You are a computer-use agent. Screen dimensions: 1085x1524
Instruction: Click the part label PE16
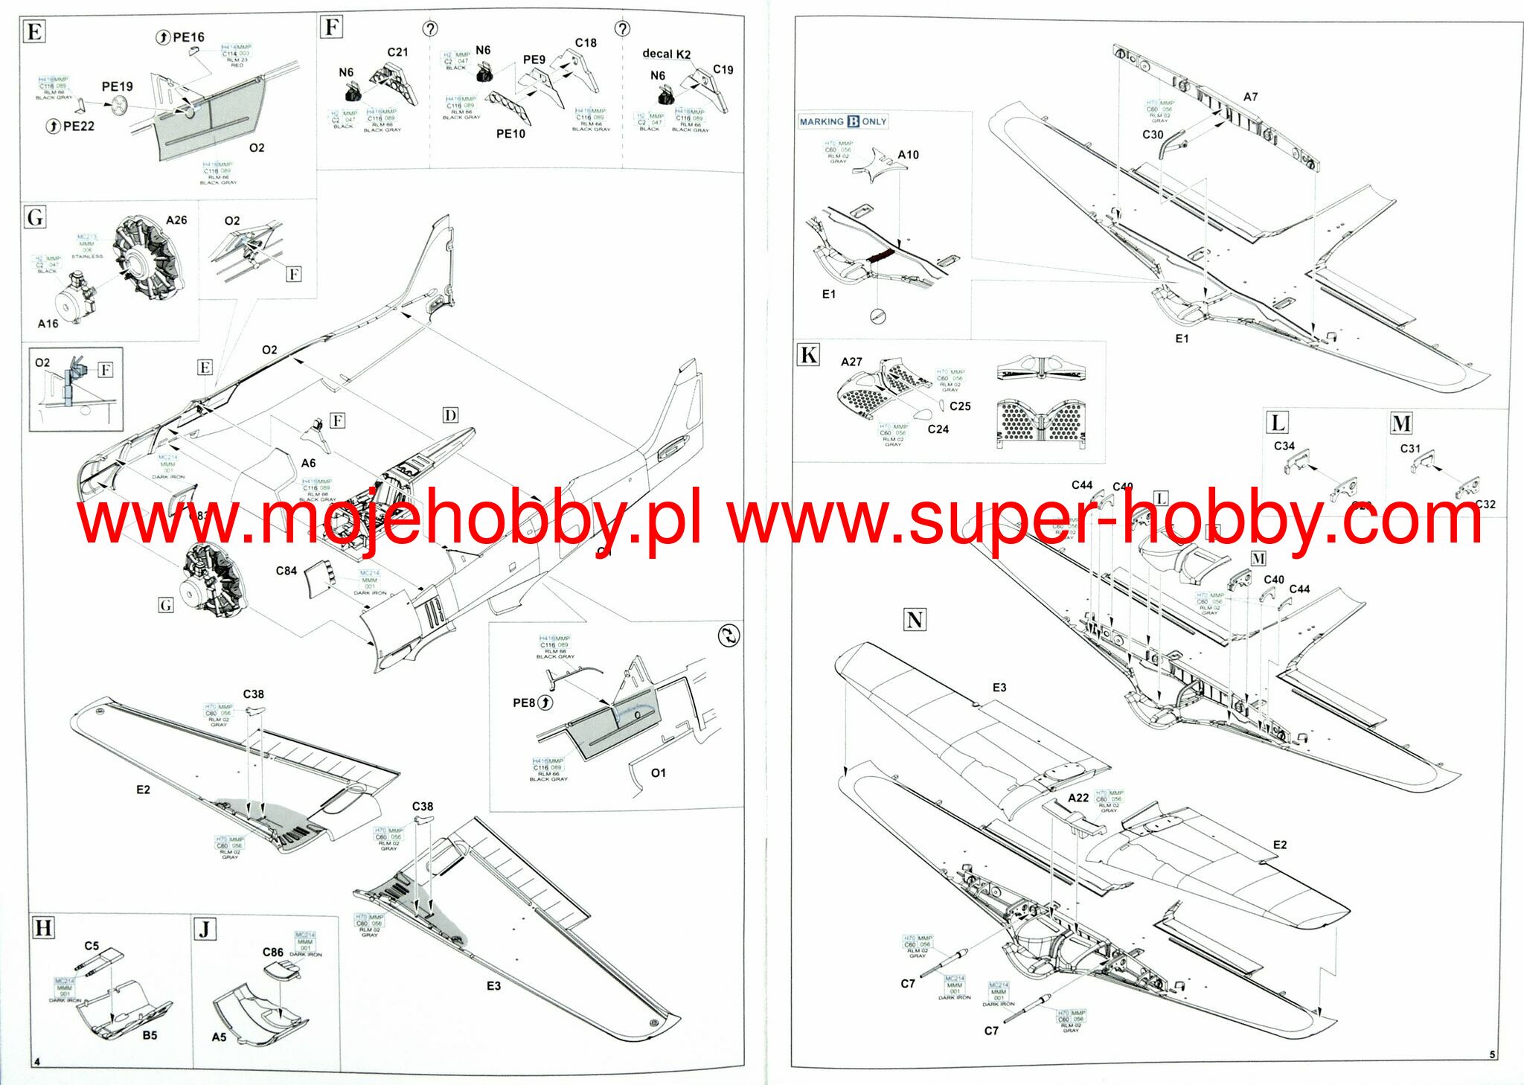[x=188, y=37]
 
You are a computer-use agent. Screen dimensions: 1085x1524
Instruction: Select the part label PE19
[x=117, y=87]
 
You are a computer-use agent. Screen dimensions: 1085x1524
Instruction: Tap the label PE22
[x=78, y=127]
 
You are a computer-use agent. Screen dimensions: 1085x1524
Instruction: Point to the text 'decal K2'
[x=666, y=54]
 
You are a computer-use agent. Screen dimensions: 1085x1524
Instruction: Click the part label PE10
[x=510, y=134]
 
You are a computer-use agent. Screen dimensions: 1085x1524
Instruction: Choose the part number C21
[x=397, y=52]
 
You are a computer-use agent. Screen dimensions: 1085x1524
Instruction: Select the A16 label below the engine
[x=48, y=324]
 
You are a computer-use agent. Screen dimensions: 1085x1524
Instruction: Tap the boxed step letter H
[x=44, y=928]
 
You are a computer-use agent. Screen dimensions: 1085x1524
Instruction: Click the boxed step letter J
[x=205, y=929]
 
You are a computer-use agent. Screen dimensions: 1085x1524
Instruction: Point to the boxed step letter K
[x=808, y=355]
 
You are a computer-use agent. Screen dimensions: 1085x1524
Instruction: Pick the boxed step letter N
[x=915, y=620]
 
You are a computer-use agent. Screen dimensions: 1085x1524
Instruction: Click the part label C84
[x=286, y=571]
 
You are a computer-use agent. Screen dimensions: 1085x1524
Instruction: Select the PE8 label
[x=524, y=702]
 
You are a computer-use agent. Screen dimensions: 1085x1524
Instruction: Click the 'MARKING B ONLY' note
[x=843, y=121]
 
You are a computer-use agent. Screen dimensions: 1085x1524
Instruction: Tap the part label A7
[x=1250, y=97]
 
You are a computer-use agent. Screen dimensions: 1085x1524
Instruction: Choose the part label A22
[x=1078, y=798]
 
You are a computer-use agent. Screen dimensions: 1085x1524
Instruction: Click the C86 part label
[x=272, y=953]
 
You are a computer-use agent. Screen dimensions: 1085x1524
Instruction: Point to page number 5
[x=1492, y=1054]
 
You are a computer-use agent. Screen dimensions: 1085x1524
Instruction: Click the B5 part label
[x=150, y=1035]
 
